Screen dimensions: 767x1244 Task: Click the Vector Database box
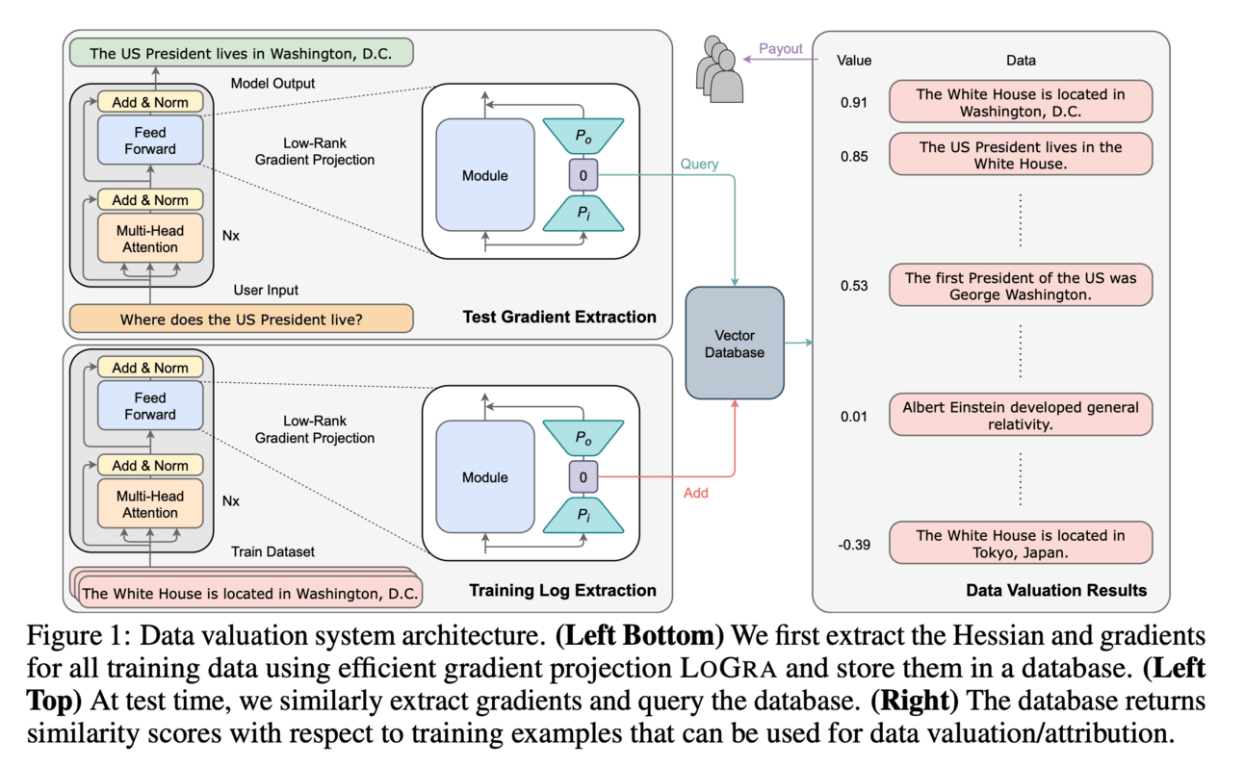[735, 343]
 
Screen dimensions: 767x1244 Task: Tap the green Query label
[699, 165]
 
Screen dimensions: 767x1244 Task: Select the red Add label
[695, 493]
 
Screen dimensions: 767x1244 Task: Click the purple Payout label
[780, 49]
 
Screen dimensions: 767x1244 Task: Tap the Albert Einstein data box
[1021, 416]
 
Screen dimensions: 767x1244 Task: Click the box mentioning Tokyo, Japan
[1021, 544]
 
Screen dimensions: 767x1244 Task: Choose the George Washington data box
[1021, 286]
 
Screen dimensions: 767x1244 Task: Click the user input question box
[241, 319]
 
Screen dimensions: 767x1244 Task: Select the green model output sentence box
[241, 53]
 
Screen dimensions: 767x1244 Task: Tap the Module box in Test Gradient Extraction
[485, 176]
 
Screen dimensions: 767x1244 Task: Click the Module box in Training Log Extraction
[485, 477]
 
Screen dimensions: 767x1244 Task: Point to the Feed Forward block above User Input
[150, 141]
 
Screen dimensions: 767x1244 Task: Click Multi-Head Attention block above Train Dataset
[150, 504]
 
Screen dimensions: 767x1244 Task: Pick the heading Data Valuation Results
[1056, 590]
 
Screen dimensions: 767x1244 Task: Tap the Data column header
[1021, 61]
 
